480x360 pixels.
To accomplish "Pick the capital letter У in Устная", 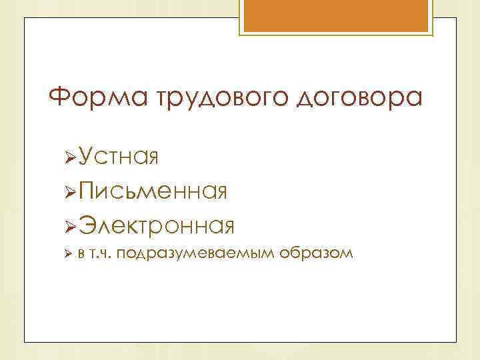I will click(87, 158).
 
